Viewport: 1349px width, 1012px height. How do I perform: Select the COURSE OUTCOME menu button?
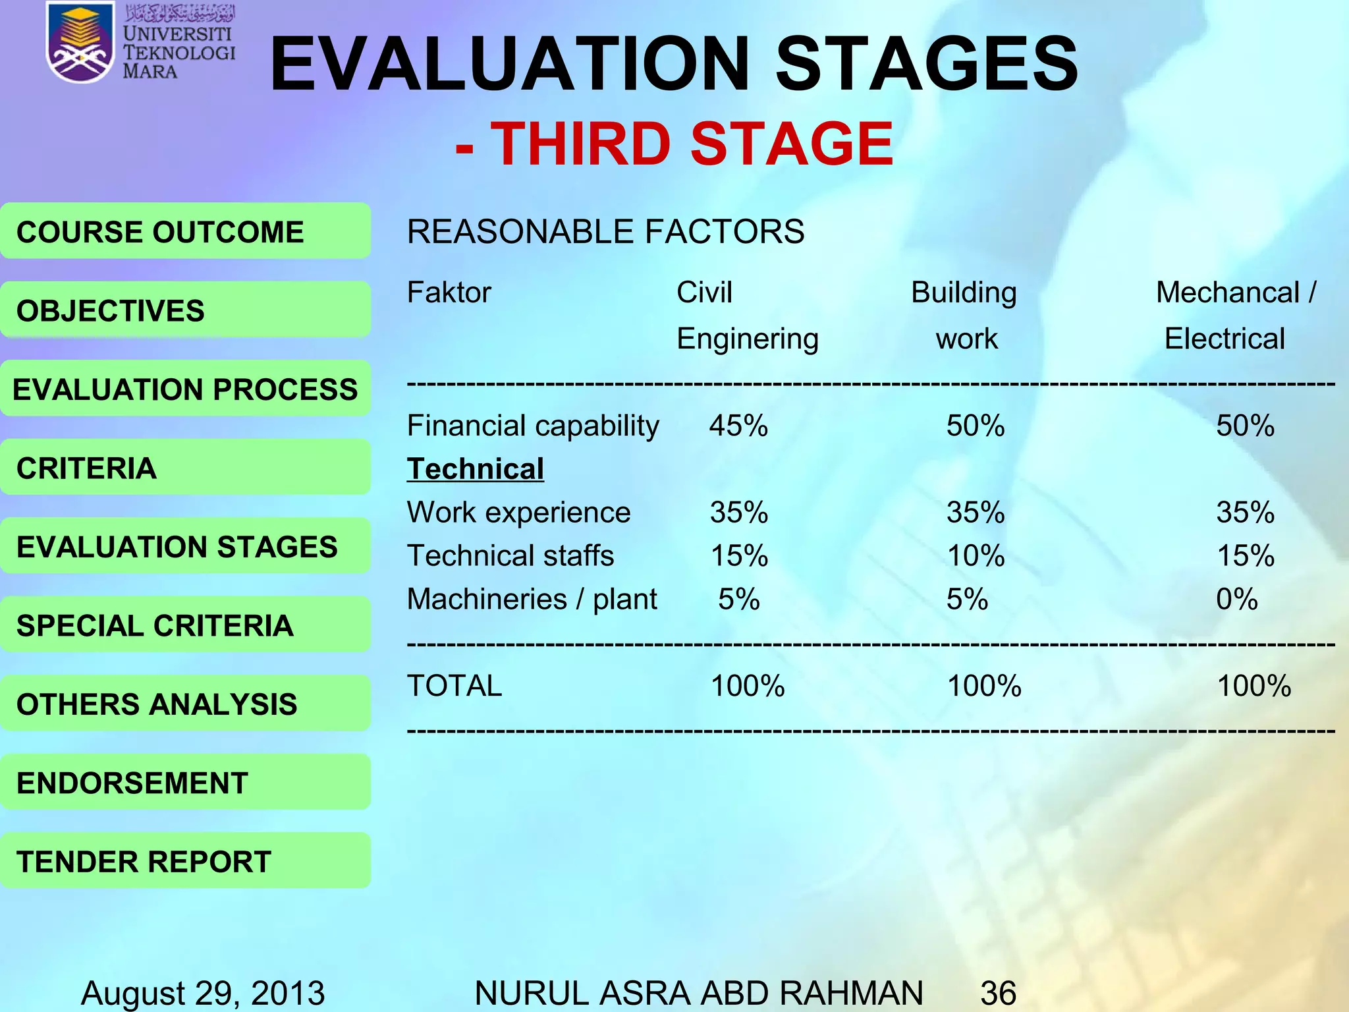[x=185, y=231]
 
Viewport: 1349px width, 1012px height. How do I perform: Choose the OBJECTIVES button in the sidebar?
[x=185, y=310]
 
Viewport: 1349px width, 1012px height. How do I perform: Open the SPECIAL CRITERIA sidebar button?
[x=185, y=625]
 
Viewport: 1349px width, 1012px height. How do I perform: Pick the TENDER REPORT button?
[x=185, y=861]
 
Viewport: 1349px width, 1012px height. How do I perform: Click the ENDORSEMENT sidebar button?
[x=185, y=783]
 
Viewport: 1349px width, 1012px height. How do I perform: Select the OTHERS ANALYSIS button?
[x=185, y=704]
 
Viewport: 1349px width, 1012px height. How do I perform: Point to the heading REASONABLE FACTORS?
[x=605, y=232]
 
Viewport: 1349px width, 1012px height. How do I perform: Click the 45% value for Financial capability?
[x=738, y=426]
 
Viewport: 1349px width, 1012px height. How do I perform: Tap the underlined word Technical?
[x=476, y=469]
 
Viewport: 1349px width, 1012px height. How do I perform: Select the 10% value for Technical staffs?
[x=976, y=555]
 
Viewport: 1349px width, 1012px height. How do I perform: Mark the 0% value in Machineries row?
[x=1236, y=599]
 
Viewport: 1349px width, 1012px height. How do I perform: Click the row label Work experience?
[x=518, y=512]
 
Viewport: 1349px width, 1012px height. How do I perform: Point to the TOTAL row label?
[x=454, y=686]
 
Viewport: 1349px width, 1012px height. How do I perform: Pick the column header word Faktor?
[x=449, y=293]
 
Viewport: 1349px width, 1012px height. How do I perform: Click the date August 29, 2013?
[x=203, y=993]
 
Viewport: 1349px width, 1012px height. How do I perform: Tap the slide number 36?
[x=998, y=993]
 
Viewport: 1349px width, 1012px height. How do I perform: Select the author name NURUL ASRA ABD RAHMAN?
[x=698, y=993]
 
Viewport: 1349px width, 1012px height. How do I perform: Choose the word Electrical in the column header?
[x=1225, y=339]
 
